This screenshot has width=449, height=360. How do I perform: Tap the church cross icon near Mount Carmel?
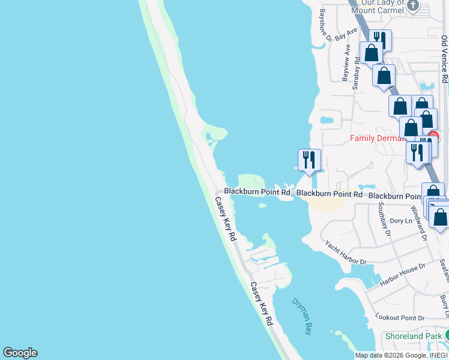[412, 6]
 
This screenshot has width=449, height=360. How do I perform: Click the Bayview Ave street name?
[346, 62]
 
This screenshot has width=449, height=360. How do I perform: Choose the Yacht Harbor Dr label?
[345, 253]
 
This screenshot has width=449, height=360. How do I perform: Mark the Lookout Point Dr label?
[399, 317]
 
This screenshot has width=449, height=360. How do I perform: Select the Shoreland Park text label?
[414, 337]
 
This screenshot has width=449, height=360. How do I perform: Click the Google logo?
[20, 353]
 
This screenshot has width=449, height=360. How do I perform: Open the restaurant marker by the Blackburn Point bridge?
[309, 160]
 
